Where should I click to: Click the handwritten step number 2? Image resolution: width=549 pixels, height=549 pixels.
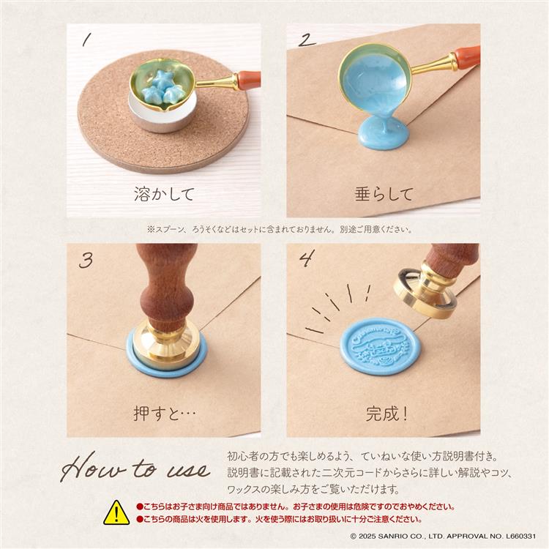click(x=305, y=40)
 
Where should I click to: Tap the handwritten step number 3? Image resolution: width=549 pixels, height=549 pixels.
click(x=87, y=260)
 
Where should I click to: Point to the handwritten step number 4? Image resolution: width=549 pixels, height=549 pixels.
click(x=306, y=259)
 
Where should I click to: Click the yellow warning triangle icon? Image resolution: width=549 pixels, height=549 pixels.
click(x=116, y=512)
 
